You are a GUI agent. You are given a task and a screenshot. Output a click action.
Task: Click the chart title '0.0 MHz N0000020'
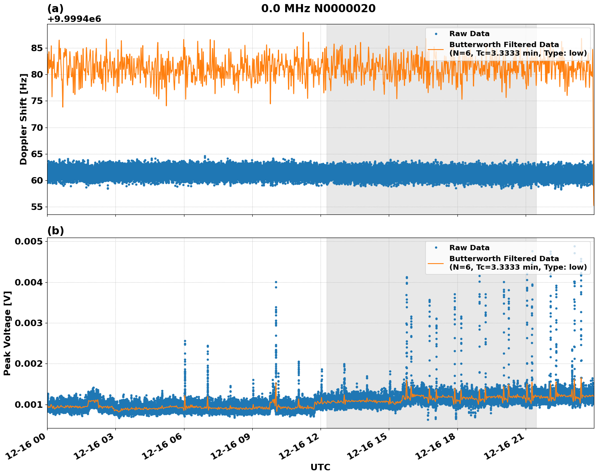[318, 9]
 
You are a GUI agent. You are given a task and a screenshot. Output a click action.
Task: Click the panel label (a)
[55, 9]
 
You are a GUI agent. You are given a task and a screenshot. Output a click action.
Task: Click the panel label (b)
[55, 231]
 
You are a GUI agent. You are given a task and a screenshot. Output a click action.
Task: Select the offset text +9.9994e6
[74, 19]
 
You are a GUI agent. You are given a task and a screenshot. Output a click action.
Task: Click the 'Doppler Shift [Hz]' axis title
[24, 119]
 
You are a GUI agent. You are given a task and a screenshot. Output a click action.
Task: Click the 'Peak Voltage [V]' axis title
[7, 333]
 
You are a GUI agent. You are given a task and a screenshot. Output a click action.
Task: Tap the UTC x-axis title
[320, 467]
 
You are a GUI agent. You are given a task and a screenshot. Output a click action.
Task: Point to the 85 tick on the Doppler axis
[37, 48]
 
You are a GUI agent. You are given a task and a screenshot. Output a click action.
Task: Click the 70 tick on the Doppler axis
[37, 128]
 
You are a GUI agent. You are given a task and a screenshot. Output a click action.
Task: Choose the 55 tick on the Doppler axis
[37, 207]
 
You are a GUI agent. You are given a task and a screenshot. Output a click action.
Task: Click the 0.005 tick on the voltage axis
[29, 242]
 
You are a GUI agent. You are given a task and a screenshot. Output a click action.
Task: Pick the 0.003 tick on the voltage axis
[29, 323]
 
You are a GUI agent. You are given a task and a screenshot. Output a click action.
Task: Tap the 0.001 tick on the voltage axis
[29, 404]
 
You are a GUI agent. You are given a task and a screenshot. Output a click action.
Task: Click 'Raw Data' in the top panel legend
[469, 34]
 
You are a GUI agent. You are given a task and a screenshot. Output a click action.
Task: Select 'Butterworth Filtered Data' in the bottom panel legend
[504, 259]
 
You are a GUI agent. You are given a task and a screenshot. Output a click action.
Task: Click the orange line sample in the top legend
[436, 49]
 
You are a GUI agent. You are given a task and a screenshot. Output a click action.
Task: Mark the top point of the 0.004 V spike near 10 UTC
[276, 282]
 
